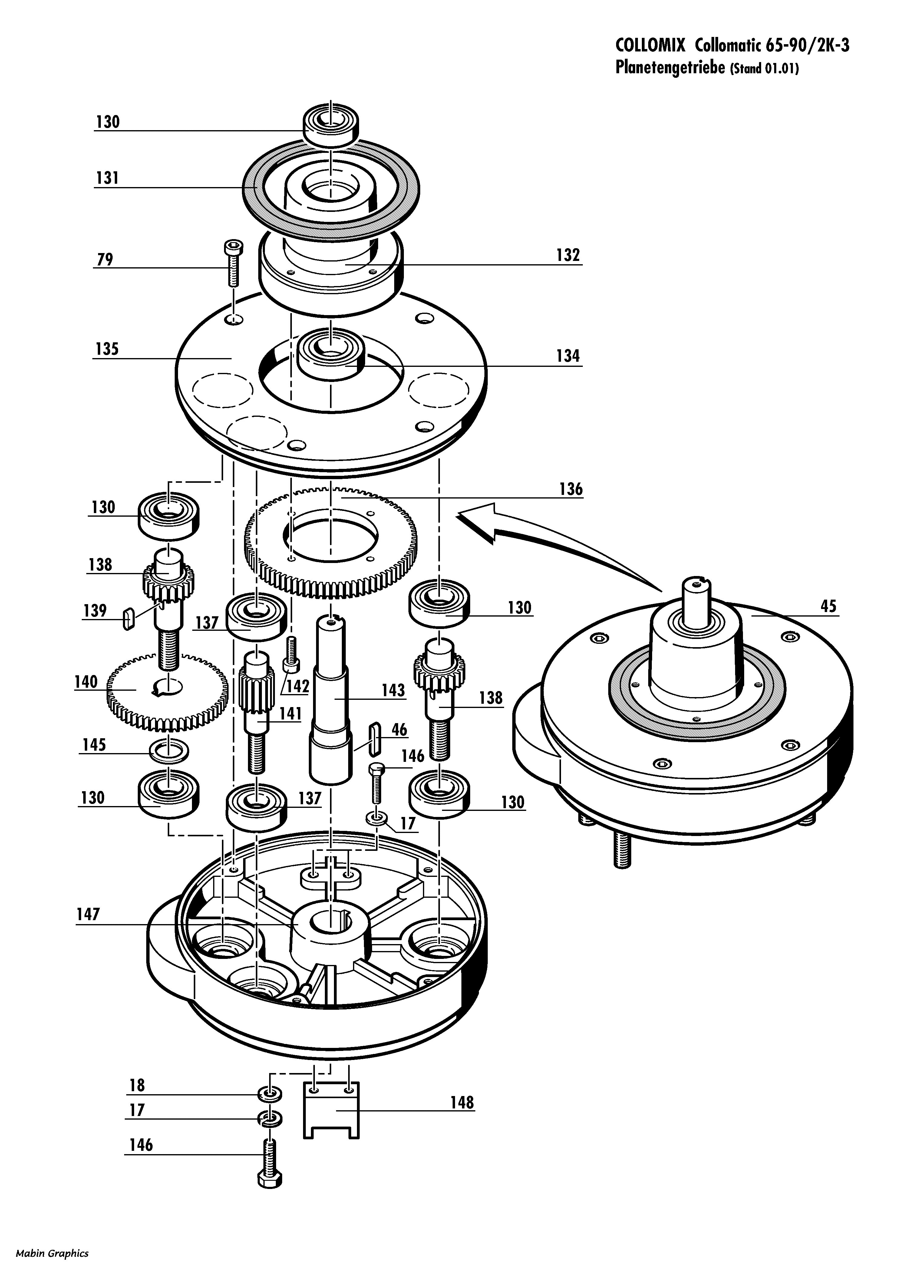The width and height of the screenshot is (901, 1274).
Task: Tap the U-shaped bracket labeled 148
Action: [x=331, y=1110]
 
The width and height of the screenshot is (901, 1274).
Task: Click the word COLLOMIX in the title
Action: [x=651, y=45]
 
